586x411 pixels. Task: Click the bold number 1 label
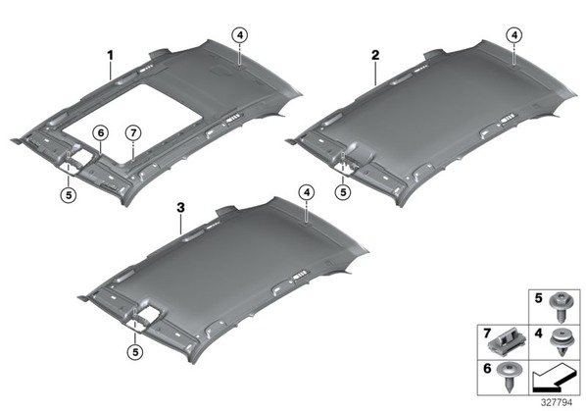click(110, 56)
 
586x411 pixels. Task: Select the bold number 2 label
click(375, 55)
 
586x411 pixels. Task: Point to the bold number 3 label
click(181, 208)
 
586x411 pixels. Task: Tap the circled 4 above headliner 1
click(239, 35)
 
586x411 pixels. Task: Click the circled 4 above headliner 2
click(514, 35)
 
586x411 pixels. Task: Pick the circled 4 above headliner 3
click(307, 192)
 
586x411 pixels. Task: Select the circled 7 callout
click(133, 132)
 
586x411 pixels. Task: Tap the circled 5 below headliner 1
click(69, 194)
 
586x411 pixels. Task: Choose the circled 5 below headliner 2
click(343, 192)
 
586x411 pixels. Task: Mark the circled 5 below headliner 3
click(135, 352)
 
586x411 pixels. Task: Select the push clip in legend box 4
click(562, 342)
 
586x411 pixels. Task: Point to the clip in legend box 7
click(508, 341)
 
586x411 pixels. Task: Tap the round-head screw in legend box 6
click(509, 377)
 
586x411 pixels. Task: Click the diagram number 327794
click(557, 402)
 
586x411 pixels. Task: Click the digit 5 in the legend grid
click(538, 298)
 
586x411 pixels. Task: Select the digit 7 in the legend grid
click(487, 334)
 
